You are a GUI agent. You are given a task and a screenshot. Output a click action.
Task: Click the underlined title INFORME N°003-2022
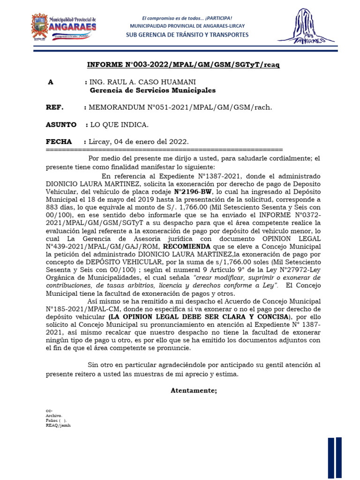click(x=183, y=65)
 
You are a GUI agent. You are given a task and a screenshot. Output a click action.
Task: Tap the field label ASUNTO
click(x=60, y=125)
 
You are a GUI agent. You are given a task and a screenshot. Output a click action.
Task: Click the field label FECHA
click(x=59, y=142)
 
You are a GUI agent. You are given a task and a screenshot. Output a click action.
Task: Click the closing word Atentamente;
click(x=194, y=390)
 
